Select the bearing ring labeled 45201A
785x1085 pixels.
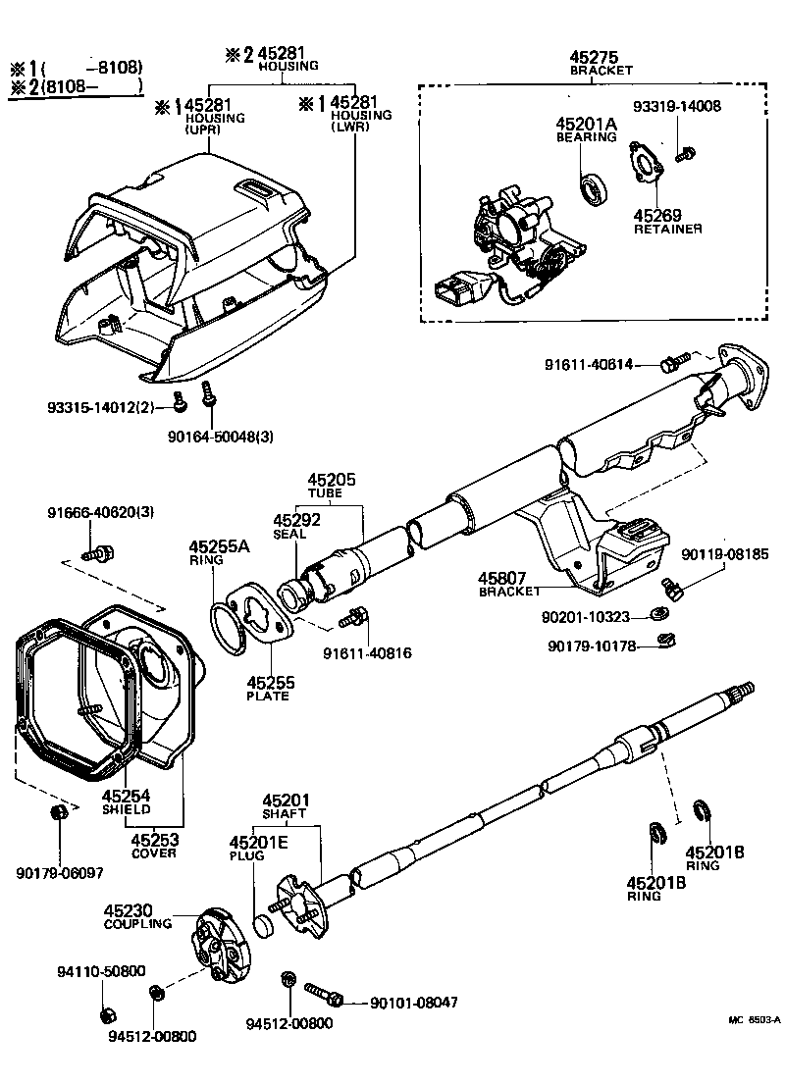[x=593, y=190]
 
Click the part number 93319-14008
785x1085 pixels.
[x=675, y=107]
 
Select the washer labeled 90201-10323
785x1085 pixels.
[x=658, y=616]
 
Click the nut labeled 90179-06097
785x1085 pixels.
[x=58, y=813]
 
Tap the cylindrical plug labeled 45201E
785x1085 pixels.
[x=262, y=925]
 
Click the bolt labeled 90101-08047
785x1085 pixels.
[x=323, y=998]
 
